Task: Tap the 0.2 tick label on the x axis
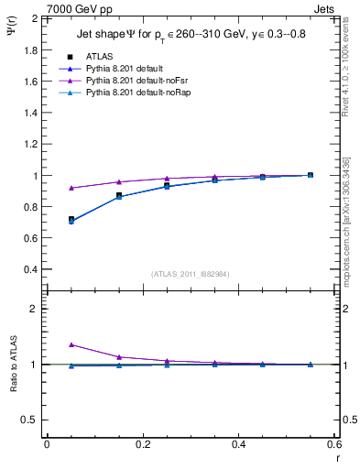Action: tap(143, 444)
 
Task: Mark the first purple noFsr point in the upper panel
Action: tap(71, 188)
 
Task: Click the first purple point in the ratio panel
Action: tap(71, 344)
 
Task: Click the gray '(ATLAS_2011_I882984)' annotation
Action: tap(190, 273)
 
